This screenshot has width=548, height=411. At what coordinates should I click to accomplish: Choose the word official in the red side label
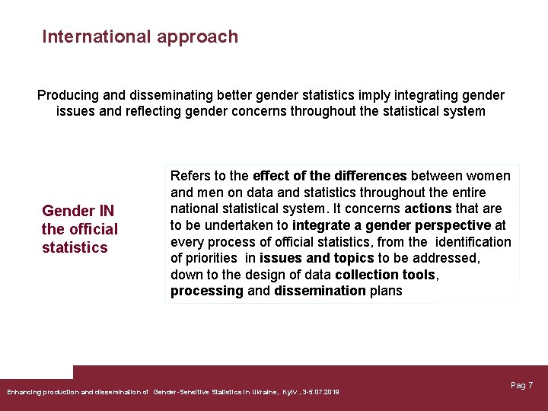(x=92, y=229)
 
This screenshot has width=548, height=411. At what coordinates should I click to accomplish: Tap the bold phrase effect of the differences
(x=330, y=176)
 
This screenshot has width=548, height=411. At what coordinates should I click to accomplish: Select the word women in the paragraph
(x=489, y=176)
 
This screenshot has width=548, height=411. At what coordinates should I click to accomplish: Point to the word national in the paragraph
(x=194, y=209)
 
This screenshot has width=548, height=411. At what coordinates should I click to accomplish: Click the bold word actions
(x=428, y=209)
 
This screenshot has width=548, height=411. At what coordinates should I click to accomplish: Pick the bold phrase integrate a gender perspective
(x=391, y=225)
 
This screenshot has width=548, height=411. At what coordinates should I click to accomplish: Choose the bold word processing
(x=207, y=291)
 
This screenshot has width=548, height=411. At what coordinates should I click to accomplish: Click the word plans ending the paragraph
(x=386, y=291)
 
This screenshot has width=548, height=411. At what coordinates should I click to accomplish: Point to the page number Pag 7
(x=521, y=385)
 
